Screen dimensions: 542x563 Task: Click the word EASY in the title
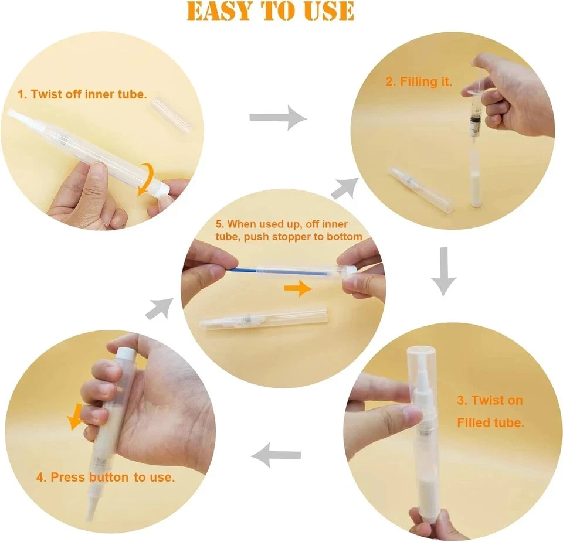(221, 11)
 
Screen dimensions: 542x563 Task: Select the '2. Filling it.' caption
(419, 82)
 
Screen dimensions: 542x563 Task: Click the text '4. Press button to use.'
(106, 477)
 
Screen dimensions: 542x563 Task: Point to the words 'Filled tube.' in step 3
(490, 422)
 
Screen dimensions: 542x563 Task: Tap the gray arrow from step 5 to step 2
(346, 187)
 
